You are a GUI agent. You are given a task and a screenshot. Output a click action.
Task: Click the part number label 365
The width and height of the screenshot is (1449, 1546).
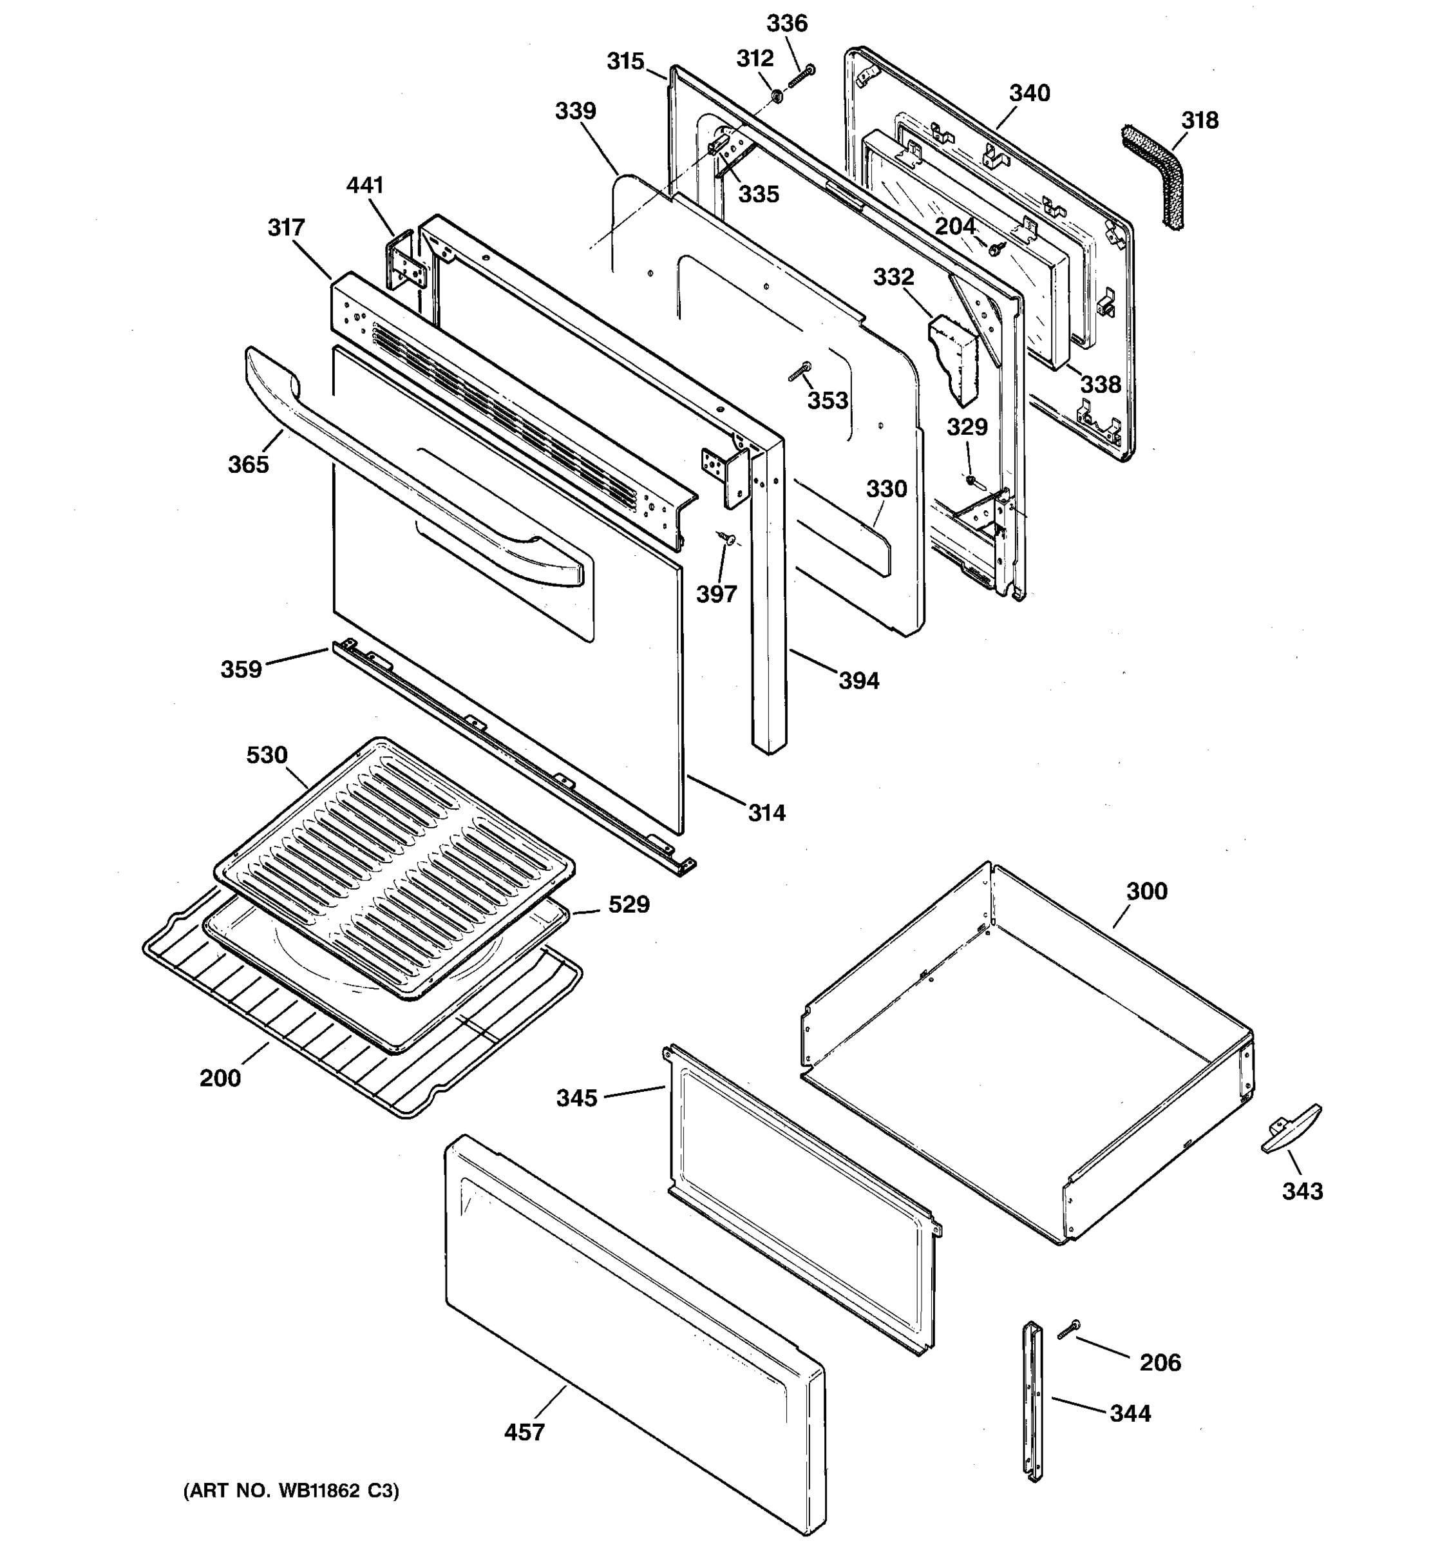(x=248, y=464)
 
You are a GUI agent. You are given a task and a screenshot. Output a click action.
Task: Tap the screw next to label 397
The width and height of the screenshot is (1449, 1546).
(x=728, y=537)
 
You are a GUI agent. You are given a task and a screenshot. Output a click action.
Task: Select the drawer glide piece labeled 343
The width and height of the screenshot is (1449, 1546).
(x=1291, y=1129)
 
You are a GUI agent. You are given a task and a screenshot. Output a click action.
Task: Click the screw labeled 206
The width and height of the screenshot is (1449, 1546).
(x=1069, y=1330)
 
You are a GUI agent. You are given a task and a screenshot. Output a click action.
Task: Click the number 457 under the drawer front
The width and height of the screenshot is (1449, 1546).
(x=524, y=1432)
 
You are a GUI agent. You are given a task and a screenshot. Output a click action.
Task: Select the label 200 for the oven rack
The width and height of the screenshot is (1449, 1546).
(x=220, y=1078)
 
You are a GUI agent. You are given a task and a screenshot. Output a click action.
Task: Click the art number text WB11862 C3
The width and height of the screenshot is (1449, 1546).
(x=290, y=1491)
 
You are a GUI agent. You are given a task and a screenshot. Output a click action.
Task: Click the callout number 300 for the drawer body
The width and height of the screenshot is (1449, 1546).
(x=1146, y=892)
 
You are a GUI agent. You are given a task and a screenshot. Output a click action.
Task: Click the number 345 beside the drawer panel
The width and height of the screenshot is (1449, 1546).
(x=576, y=1098)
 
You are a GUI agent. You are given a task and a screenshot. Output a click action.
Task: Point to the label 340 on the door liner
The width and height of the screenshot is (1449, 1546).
(x=1029, y=93)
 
